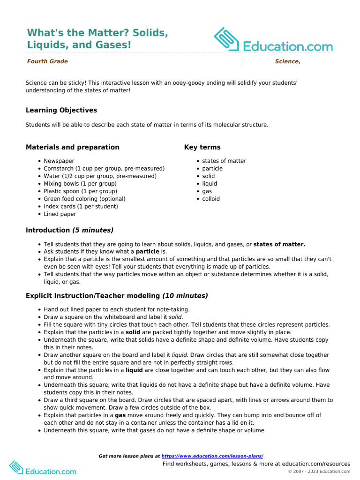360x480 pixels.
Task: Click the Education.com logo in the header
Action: click(273, 41)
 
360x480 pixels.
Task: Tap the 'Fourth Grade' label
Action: click(47, 61)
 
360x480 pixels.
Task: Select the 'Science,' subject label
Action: click(287, 61)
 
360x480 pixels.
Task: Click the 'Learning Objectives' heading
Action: click(61, 110)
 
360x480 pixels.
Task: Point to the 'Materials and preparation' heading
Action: click(73, 147)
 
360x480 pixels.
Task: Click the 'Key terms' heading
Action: click(202, 147)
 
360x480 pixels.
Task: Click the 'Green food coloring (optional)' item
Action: click(84, 199)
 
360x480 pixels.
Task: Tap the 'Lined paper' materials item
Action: click(60, 214)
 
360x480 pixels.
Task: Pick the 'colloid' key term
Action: click(211, 199)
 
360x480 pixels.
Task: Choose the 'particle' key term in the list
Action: click(212, 168)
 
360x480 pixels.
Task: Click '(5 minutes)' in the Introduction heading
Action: click(93, 230)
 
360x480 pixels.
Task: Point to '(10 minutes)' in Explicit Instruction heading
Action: click(185, 296)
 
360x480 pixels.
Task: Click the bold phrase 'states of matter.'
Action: click(279, 244)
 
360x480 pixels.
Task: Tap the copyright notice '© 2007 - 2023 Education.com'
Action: click(319, 472)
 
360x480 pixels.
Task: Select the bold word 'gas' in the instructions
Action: click(120, 415)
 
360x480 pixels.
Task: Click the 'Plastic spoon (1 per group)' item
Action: click(81, 191)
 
